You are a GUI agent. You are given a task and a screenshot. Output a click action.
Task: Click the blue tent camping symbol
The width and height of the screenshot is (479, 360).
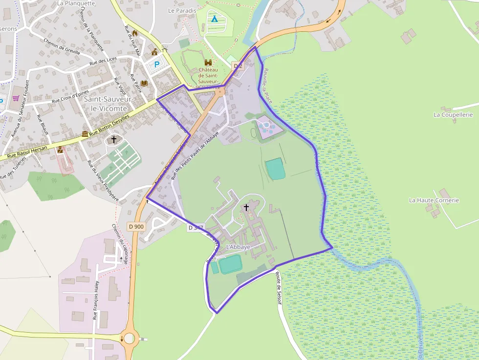(x=214, y=19)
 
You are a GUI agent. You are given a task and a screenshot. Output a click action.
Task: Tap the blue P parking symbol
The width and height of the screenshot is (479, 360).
(x=157, y=64)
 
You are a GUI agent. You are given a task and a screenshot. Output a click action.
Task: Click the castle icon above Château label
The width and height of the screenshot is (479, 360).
(x=208, y=63)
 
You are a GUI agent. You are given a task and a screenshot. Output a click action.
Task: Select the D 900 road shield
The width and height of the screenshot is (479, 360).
(x=136, y=227)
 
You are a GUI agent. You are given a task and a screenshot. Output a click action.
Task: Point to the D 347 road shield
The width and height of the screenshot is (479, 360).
(x=195, y=228)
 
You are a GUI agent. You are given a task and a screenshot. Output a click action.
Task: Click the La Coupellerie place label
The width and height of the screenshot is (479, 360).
(x=453, y=115)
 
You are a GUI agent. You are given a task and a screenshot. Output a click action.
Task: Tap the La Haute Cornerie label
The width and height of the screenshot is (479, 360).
(x=434, y=200)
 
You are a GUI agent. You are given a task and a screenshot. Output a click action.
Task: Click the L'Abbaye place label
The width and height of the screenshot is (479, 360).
(x=238, y=247)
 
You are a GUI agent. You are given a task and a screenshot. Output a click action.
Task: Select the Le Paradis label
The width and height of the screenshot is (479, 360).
(x=182, y=10)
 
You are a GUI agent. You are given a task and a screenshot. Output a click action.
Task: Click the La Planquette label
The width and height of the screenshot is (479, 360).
(x=76, y=3)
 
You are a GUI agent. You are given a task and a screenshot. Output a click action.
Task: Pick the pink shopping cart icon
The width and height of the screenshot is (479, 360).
(x=16, y=98)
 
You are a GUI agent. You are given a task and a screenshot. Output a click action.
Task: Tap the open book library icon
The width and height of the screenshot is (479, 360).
(x=144, y=84)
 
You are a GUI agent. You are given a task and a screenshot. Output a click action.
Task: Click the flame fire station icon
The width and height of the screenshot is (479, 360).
(x=135, y=33)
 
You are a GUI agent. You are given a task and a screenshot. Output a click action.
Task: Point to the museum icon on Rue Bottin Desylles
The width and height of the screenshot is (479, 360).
(x=86, y=134)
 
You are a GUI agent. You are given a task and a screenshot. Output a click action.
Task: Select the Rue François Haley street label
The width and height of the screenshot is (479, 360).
(x=96, y=300)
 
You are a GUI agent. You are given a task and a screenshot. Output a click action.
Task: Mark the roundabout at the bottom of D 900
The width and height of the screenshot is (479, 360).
(x=129, y=338)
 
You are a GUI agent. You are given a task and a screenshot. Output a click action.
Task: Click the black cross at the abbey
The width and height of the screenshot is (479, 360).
(x=246, y=207)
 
